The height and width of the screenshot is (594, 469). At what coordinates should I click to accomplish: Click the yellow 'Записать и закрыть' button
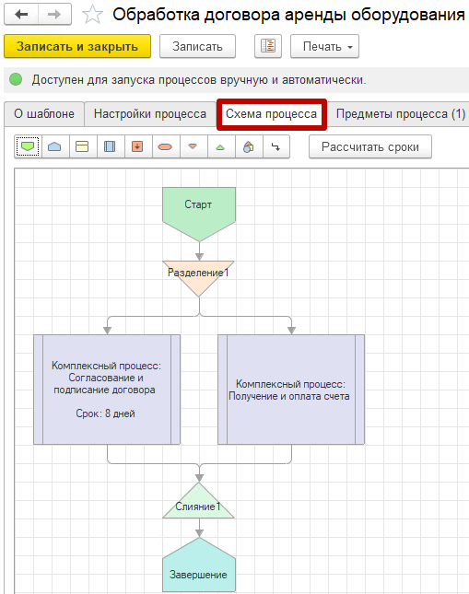(x=77, y=46)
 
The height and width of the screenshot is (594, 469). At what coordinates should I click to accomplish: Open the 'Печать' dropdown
(x=324, y=46)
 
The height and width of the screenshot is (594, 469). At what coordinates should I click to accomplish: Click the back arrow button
(x=21, y=15)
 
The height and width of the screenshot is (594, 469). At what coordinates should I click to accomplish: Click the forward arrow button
(x=54, y=15)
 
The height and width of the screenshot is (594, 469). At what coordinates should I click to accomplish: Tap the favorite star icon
(x=92, y=15)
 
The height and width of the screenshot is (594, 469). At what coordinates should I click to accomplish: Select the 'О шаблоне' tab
(x=44, y=113)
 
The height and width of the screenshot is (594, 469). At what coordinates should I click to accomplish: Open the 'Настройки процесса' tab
(x=150, y=113)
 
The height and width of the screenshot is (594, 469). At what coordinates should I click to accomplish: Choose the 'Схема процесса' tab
(x=272, y=114)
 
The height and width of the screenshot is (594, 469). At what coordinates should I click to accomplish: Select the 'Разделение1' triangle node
(x=199, y=276)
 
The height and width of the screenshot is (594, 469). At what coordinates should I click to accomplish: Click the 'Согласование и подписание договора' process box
(x=107, y=390)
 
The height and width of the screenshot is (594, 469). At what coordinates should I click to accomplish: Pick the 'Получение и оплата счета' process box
(x=291, y=390)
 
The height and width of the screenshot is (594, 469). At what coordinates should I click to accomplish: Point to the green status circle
(x=16, y=79)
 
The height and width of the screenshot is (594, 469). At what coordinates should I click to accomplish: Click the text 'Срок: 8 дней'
(x=105, y=413)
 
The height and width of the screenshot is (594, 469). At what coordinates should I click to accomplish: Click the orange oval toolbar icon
(x=165, y=146)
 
